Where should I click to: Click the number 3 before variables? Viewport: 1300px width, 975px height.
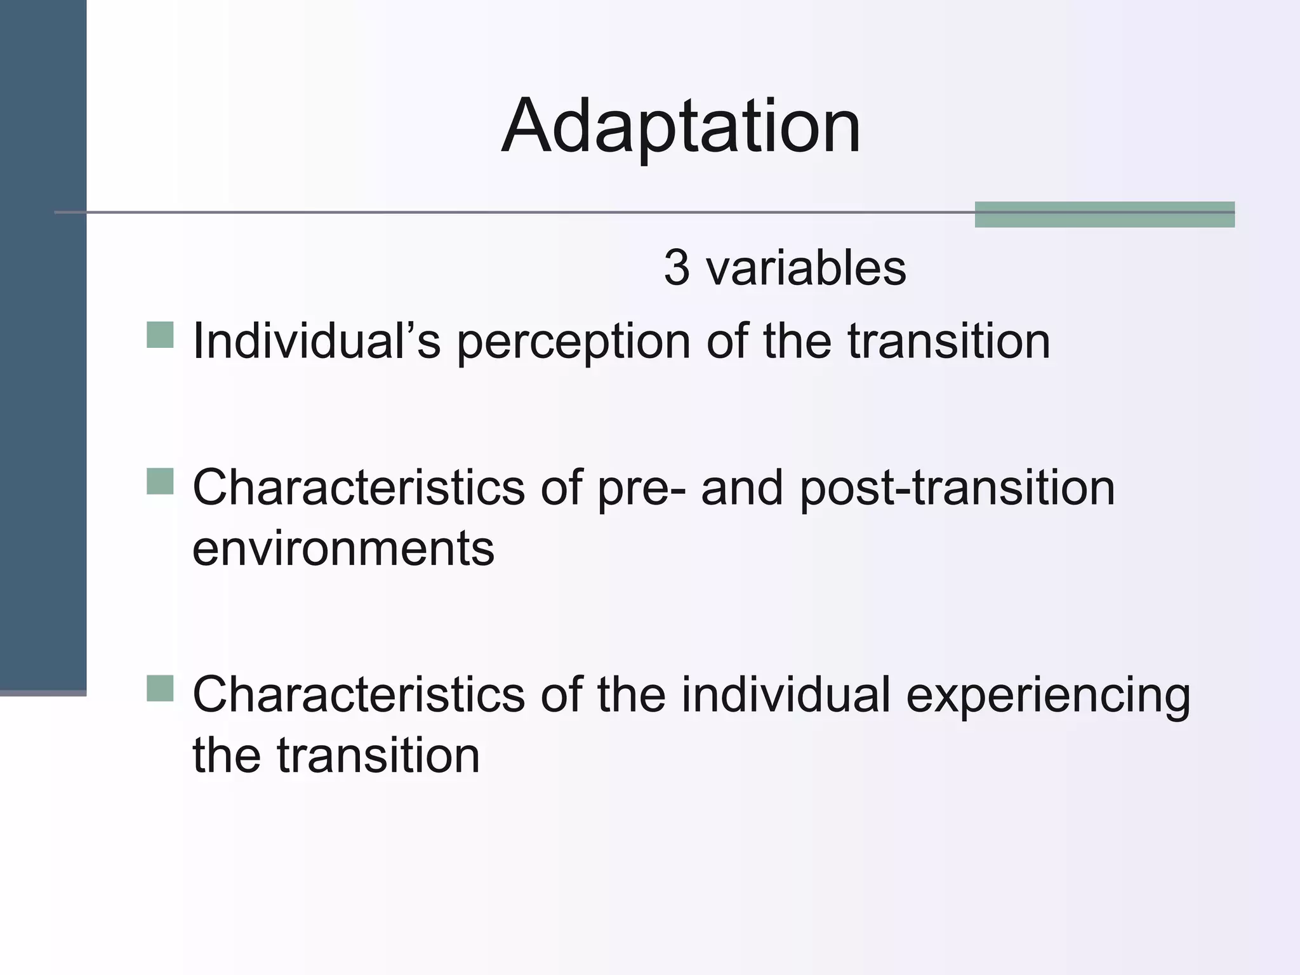[677, 268]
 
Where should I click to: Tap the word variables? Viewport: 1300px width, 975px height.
[806, 268]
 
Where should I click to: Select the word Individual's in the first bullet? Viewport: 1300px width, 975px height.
[316, 342]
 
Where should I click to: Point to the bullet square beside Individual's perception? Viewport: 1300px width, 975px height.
[160, 335]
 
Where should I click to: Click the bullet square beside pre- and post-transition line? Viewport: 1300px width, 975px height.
[160, 481]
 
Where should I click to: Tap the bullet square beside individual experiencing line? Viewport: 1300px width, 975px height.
[160, 688]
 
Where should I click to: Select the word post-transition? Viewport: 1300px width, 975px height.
[957, 489]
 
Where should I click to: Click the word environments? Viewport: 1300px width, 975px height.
[343, 549]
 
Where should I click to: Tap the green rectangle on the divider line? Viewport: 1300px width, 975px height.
[1104, 215]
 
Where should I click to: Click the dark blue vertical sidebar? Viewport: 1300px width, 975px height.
[43, 343]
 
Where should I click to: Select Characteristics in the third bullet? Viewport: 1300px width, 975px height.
[359, 695]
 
